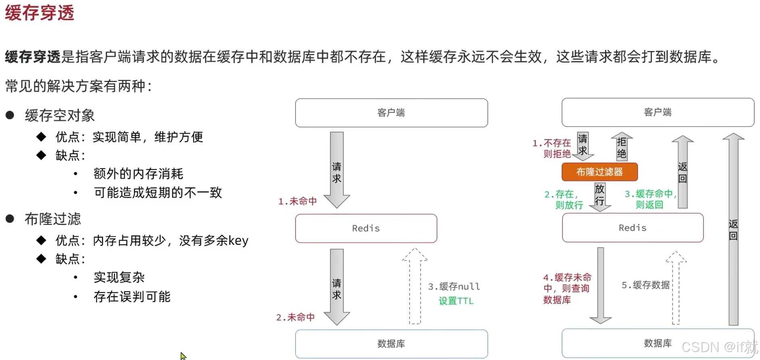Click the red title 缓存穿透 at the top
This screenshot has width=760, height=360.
pyautogui.click(x=40, y=13)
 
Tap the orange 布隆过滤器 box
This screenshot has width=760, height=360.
pyautogui.click(x=600, y=172)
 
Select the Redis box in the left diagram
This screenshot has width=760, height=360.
pyautogui.click(x=366, y=228)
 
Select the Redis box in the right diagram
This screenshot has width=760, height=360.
pyautogui.click(x=632, y=228)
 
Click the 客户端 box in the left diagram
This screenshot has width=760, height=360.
pyautogui.click(x=391, y=113)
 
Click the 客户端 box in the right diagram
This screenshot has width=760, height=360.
pyautogui.click(x=658, y=112)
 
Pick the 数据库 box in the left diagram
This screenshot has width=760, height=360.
pyautogui.click(x=391, y=344)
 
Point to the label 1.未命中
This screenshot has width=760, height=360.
pyautogui.click(x=298, y=201)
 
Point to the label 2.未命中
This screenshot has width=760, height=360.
pyautogui.click(x=296, y=317)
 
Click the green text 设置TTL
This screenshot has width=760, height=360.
pyautogui.click(x=456, y=301)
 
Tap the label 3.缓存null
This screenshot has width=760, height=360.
pyautogui.click(x=454, y=287)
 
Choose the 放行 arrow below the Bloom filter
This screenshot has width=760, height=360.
pyautogui.click(x=600, y=196)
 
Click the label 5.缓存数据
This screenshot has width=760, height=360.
pyautogui.click(x=645, y=285)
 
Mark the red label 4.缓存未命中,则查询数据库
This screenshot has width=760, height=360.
pyautogui.click(x=567, y=288)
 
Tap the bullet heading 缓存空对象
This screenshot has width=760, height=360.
pyautogui.click(x=60, y=116)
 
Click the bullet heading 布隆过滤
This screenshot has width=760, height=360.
pyautogui.click(x=53, y=219)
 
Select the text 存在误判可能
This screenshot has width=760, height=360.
pyautogui.click(x=132, y=297)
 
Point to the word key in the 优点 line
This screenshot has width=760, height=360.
pyautogui.click(x=238, y=241)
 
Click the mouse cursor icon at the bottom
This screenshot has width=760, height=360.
pyautogui.click(x=183, y=356)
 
